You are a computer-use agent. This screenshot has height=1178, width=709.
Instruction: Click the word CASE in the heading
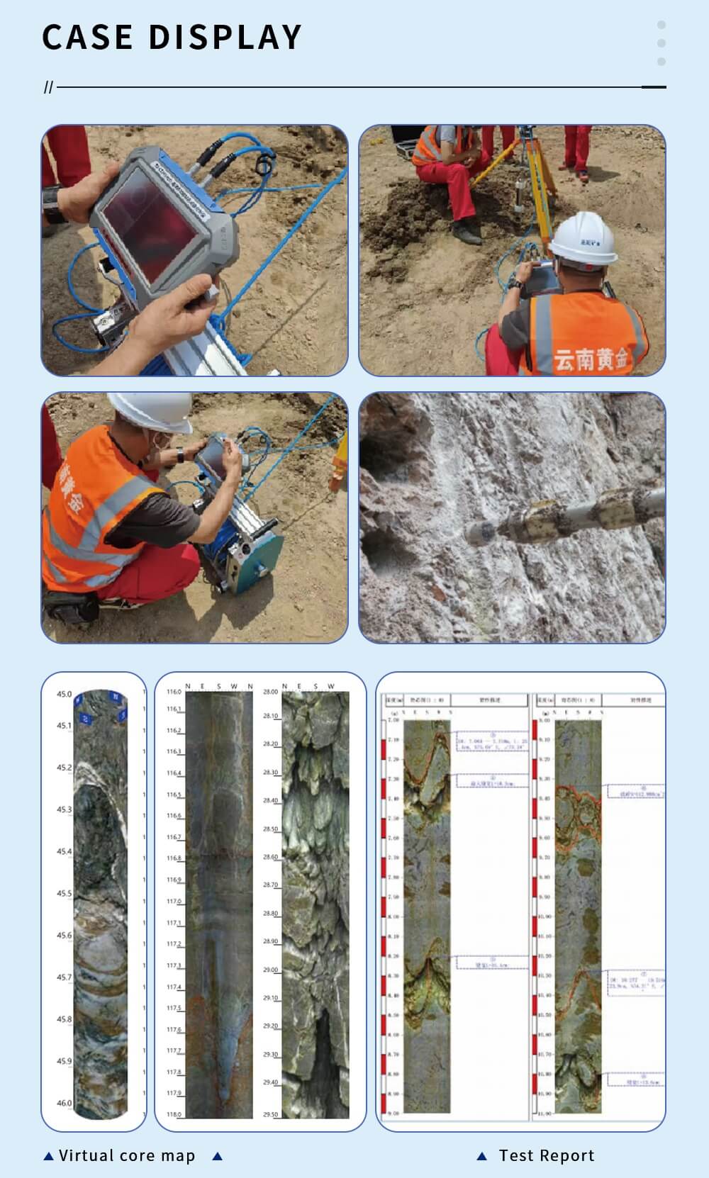(87, 38)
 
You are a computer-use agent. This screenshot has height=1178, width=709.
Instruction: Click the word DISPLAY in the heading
(225, 38)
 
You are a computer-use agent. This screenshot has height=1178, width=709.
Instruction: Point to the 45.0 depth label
(65, 694)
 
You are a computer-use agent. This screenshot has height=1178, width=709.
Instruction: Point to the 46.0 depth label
(65, 1103)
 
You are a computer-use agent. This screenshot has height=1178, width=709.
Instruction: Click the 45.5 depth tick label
(65, 894)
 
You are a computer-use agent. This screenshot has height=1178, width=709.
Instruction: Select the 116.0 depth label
(174, 692)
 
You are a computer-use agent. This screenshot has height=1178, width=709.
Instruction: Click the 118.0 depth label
(174, 1115)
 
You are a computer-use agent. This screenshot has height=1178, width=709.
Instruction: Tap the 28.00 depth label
(270, 692)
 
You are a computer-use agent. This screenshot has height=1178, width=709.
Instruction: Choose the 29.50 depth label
(270, 1115)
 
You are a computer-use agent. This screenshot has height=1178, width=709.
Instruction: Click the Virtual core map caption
(127, 1156)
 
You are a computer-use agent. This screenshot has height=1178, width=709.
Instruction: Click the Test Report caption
(547, 1156)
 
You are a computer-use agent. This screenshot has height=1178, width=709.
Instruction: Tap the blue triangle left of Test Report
(482, 1156)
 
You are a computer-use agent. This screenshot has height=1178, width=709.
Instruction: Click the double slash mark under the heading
(48, 87)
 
